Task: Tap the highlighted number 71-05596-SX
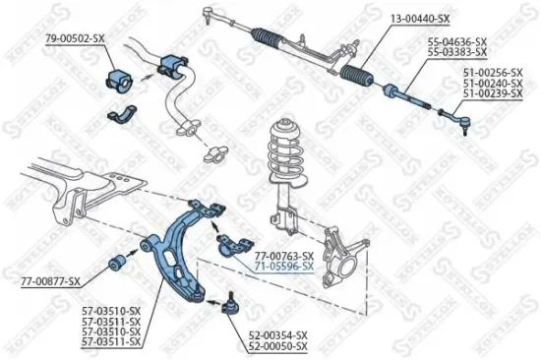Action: (x=285, y=267)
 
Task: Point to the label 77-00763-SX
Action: (x=285, y=256)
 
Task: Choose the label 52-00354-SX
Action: (x=278, y=335)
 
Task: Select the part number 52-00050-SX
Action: (x=278, y=346)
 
